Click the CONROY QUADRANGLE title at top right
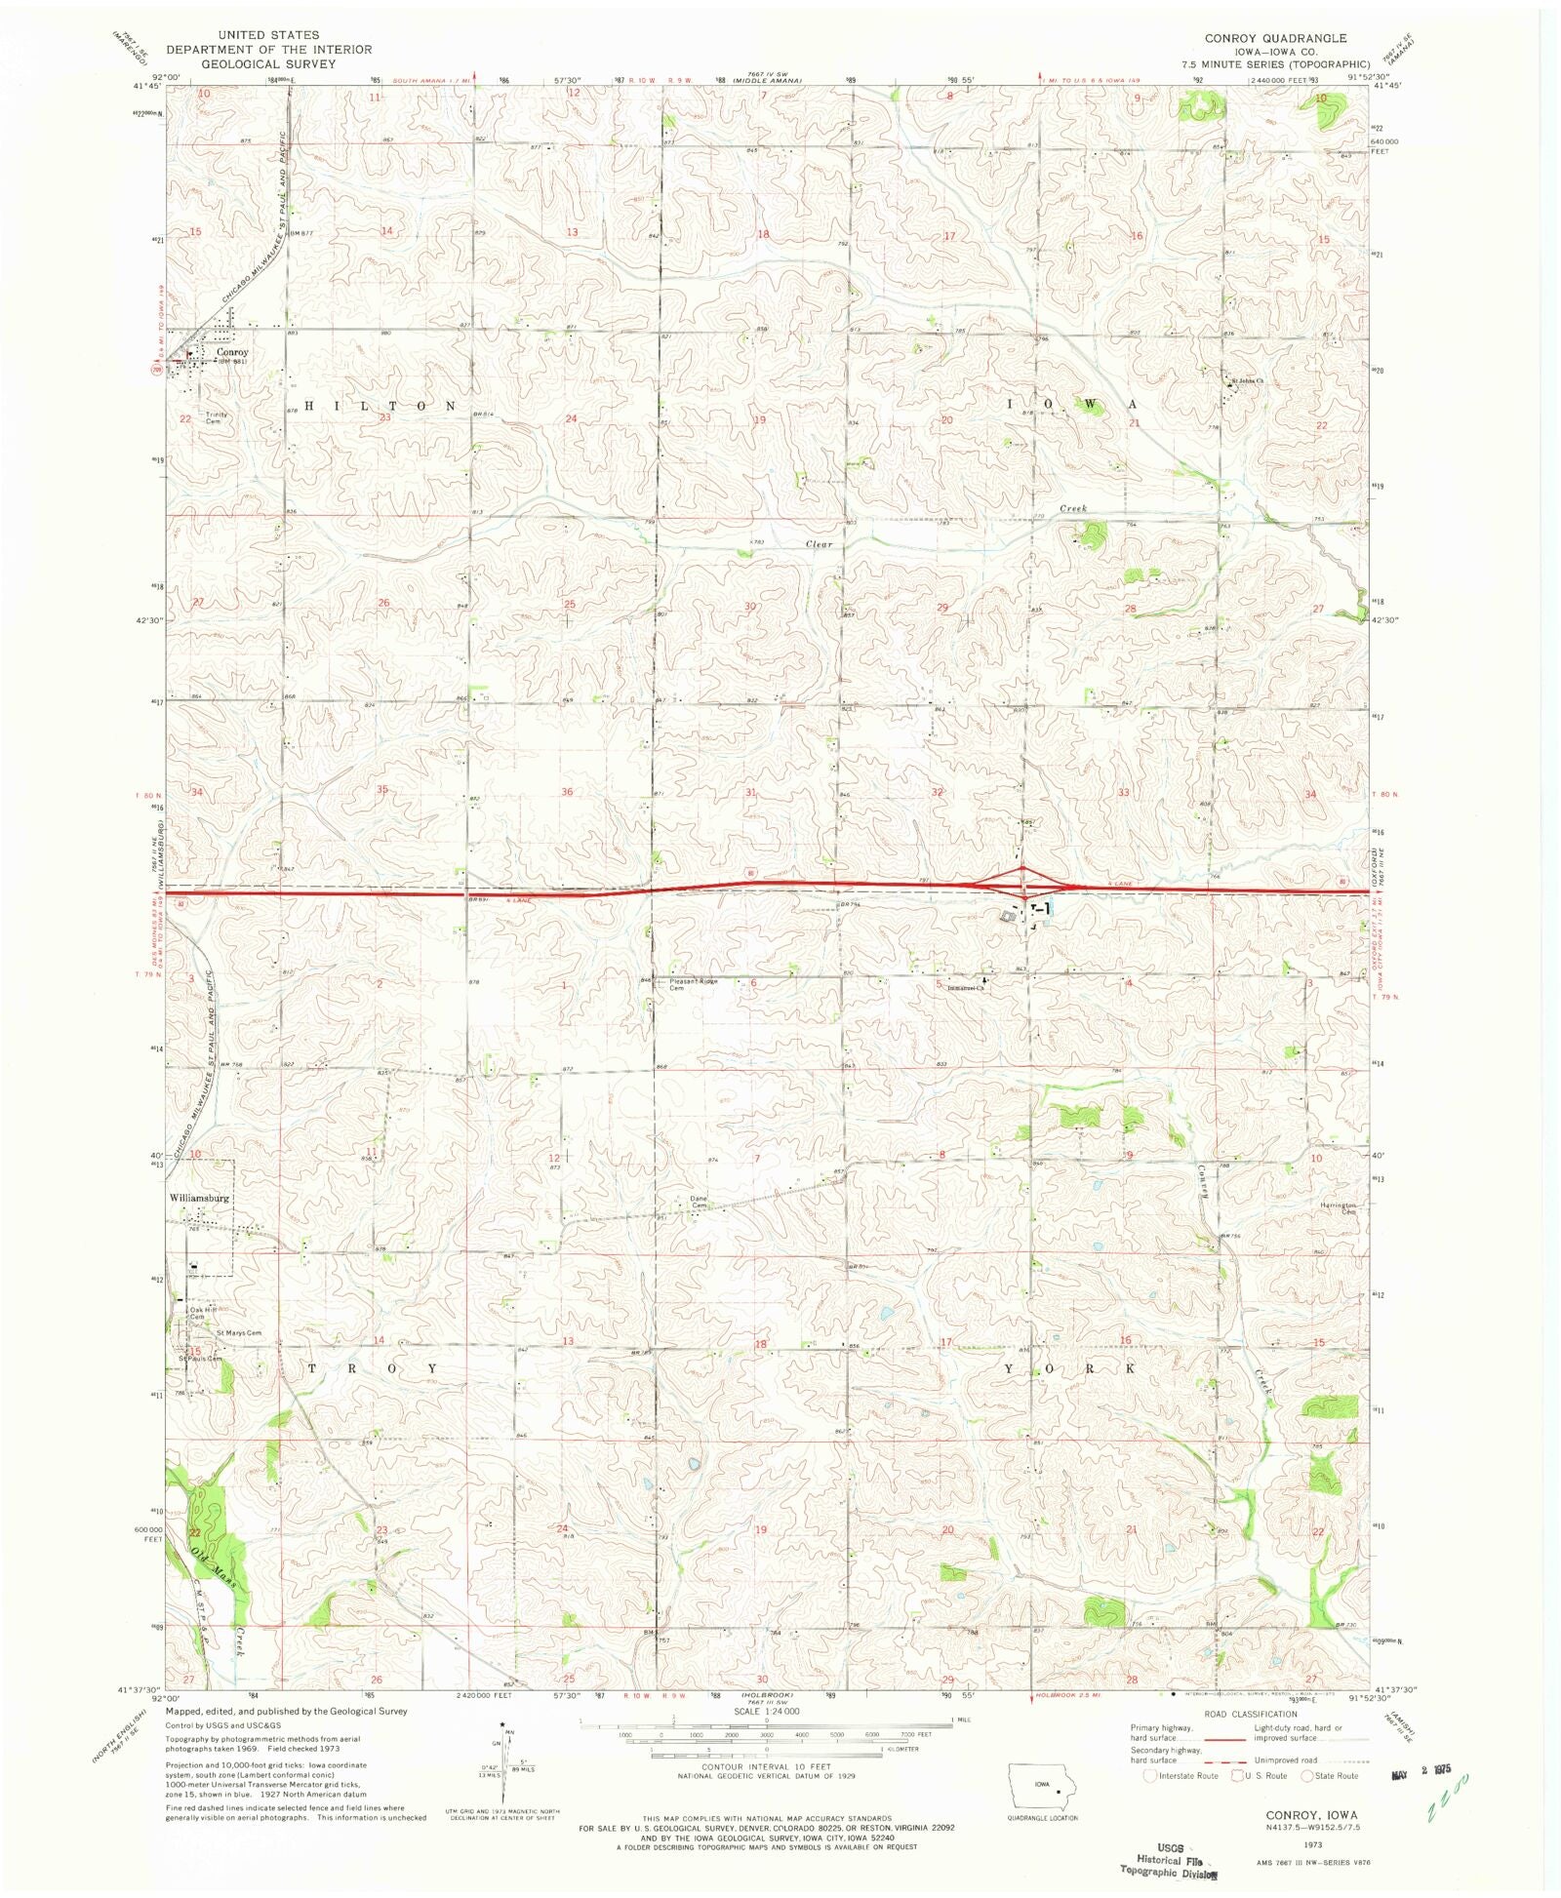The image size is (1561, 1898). [1274, 39]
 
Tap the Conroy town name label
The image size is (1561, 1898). [232, 352]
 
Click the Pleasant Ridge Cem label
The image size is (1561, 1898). [693, 983]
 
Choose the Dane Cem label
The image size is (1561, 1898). [699, 1203]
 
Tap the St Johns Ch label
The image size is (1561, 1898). [1247, 380]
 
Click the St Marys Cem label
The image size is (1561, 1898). [239, 1332]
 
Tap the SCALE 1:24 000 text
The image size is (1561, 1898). [766, 1711]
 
